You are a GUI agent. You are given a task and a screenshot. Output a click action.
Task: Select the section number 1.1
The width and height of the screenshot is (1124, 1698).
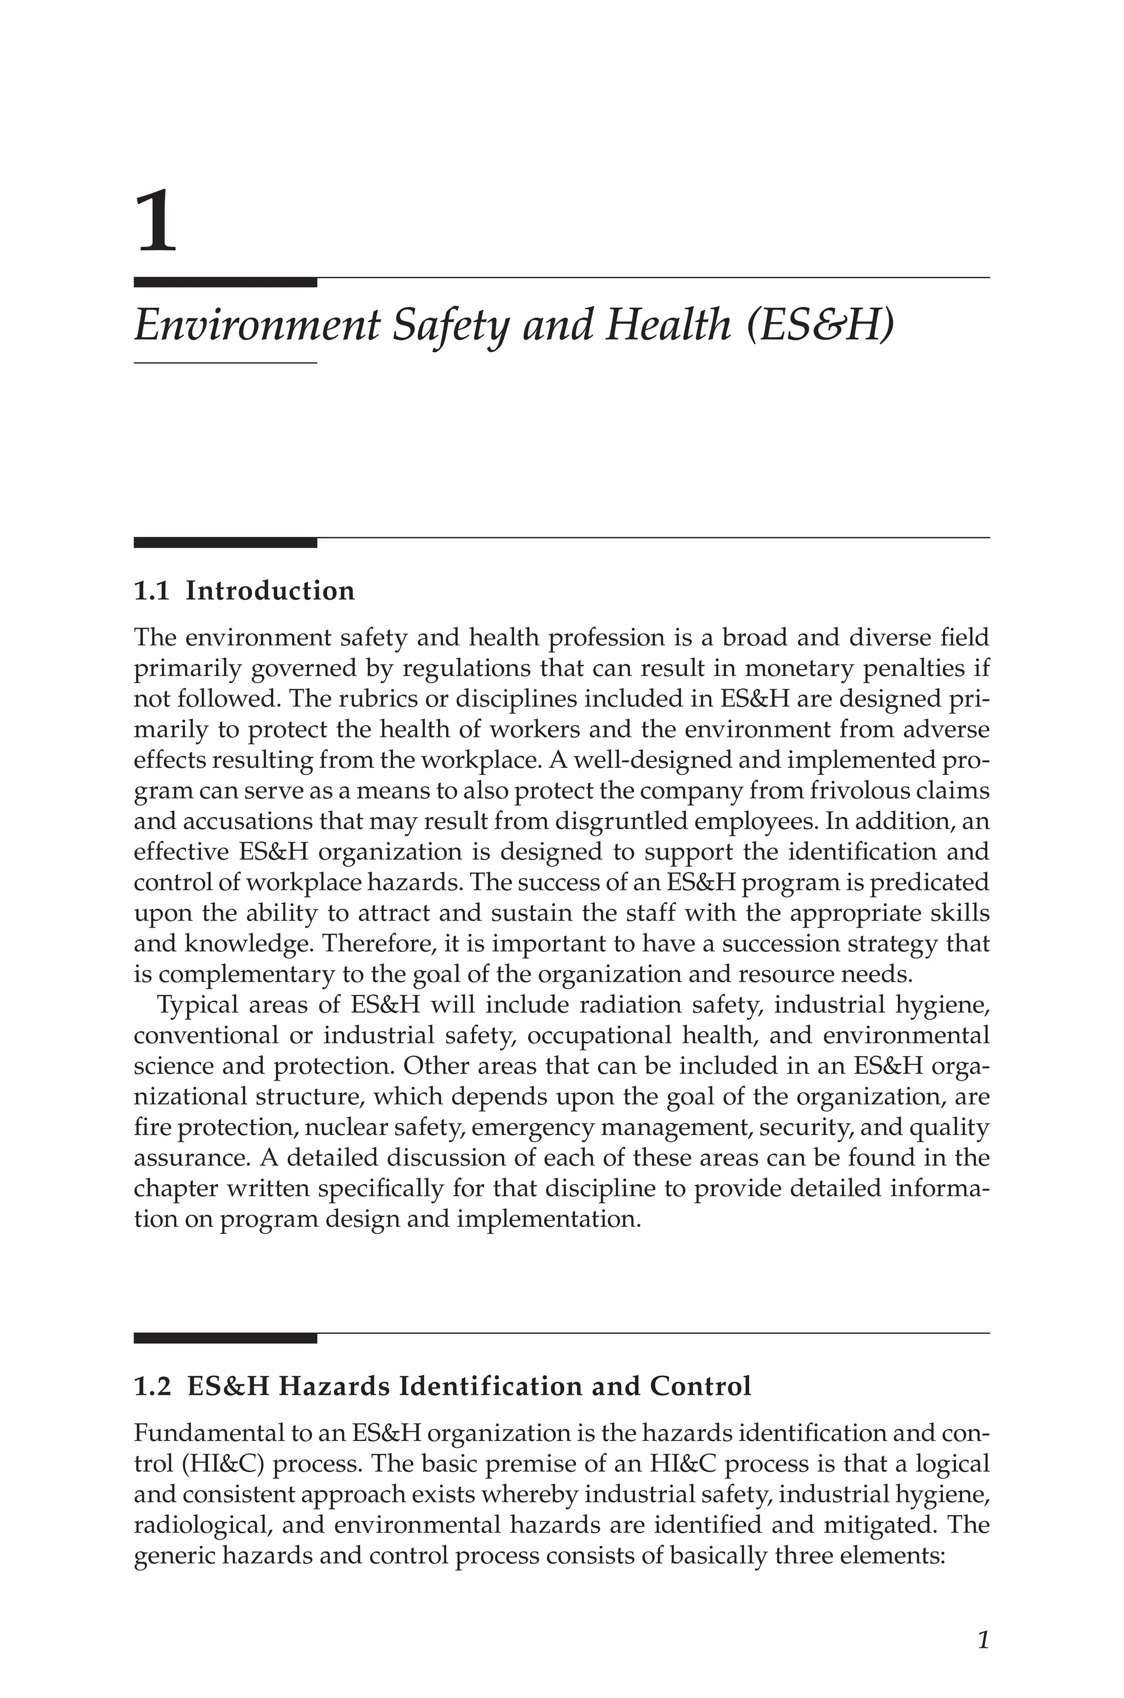pyautogui.click(x=151, y=591)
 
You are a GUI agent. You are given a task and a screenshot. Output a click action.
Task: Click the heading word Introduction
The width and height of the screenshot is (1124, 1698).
pyautogui.click(x=270, y=591)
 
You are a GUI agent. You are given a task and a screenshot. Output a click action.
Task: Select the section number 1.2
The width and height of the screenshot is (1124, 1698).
pyautogui.click(x=152, y=1386)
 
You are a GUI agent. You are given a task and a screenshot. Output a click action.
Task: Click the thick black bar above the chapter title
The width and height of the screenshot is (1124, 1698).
pyautogui.click(x=225, y=282)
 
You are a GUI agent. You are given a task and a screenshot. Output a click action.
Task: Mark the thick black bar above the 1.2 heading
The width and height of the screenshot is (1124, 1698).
pyautogui.click(x=225, y=1338)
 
